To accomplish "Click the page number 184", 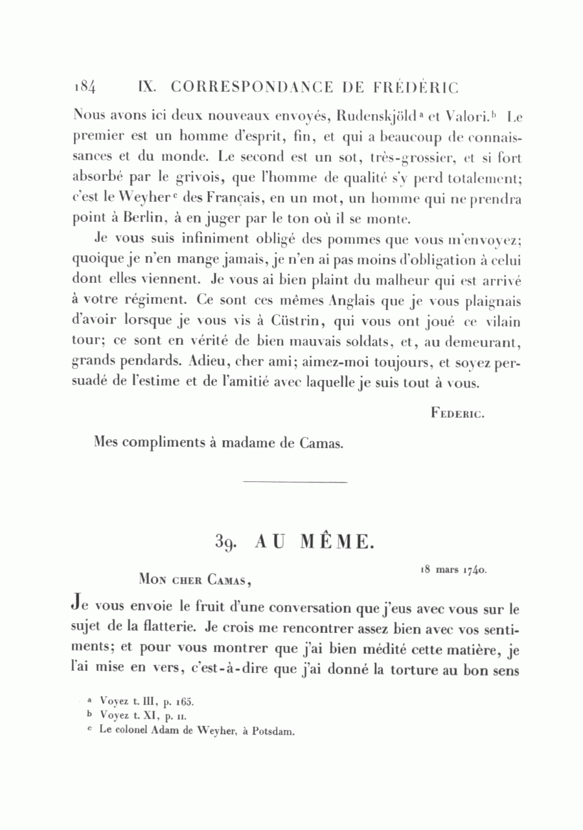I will [85, 87].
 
